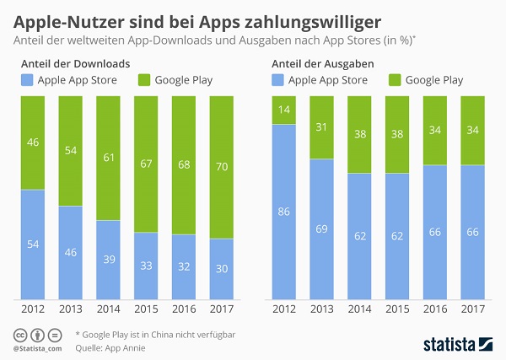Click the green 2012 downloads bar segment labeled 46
tap(32, 143)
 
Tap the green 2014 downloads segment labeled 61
tap(110, 159)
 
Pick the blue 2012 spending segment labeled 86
tap(284, 212)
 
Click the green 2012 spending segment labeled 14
tap(284, 110)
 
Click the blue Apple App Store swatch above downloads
tap(27, 81)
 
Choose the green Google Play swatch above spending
tap(395, 81)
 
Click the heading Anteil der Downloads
tap(74, 64)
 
